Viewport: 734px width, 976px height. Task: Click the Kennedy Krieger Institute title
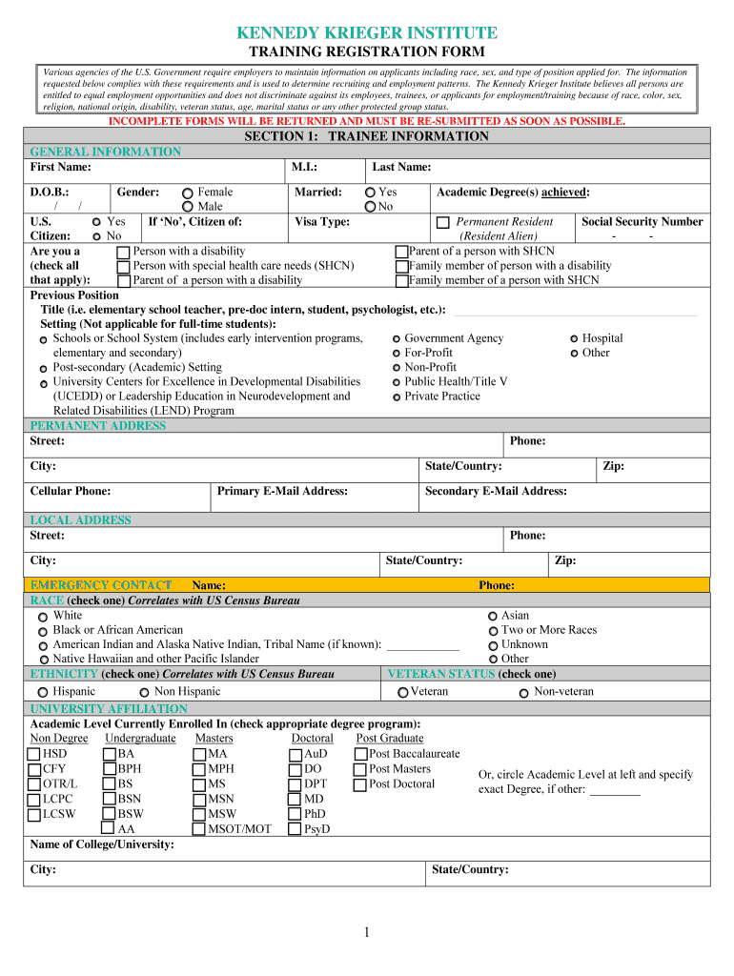pos(367,33)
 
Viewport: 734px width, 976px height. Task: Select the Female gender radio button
pos(188,193)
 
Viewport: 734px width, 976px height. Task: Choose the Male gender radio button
pos(188,207)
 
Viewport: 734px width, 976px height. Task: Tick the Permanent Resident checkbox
pos(442,223)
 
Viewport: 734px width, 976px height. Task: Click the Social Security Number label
pos(642,221)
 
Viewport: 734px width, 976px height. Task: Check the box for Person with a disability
pos(124,253)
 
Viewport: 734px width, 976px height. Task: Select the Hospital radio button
pos(574,339)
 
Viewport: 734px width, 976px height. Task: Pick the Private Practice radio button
pos(396,396)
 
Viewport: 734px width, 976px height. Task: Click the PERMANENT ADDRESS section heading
pos(98,426)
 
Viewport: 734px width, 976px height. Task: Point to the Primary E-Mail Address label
pos(282,491)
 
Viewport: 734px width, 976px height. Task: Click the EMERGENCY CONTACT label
pos(101,584)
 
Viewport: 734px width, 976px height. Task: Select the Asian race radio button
pos(493,617)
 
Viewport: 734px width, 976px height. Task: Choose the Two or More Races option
pos(493,631)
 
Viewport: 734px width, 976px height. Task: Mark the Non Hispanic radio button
pos(144,692)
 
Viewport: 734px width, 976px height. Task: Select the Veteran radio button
pos(403,692)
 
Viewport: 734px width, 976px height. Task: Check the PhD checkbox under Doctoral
pos(296,815)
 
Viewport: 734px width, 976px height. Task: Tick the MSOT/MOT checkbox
pos(199,829)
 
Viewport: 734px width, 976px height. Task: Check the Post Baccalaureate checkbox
pos(360,755)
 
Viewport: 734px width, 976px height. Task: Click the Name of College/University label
pos(102,844)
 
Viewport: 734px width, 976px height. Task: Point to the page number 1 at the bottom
pos(366,931)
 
